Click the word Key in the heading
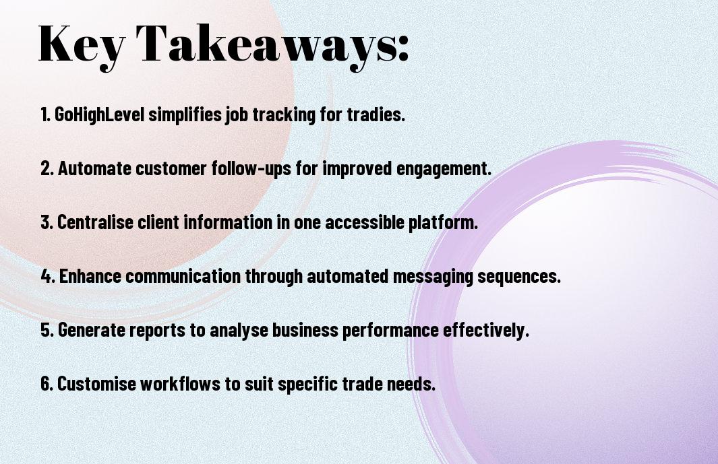pyautogui.click(x=82, y=44)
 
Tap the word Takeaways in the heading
pyautogui.click(x=265, y=44)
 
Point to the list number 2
pyautogui.click(x=47, y=168)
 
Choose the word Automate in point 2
pyautogui.click(x=94, y=168)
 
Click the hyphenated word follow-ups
pyautogui.click(x=251, y=168)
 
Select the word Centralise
pyautogui.click(x=95, y=222)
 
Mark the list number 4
pyautogui.click(x=48, y=276)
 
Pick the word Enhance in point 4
pyautogui.click(x=90, y=276)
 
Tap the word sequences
pyautogui.click(x=519, y=277)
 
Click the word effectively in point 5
pyautogui.click(x=486, y=330)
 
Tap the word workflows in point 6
pyautogui.click(x=181, y=383)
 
